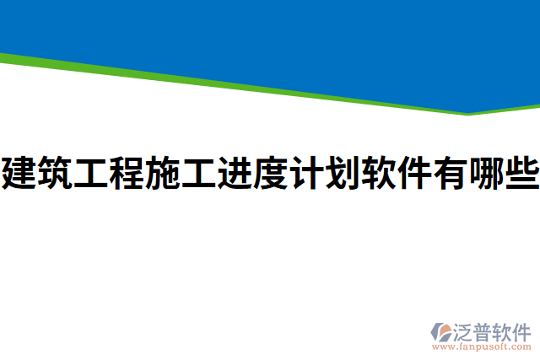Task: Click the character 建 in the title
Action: [x=19, y=174]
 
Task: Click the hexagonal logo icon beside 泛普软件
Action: [x=443, y=330]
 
